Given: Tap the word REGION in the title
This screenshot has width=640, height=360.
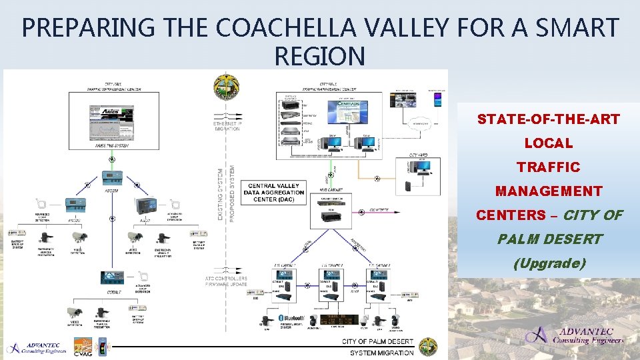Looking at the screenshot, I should pos(319,57).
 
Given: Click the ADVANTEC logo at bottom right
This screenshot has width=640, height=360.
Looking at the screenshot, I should pos(574,335).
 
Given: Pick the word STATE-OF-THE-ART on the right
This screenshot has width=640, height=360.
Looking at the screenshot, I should pos(548,120).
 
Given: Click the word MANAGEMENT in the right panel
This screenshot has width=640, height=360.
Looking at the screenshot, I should pos(548,191).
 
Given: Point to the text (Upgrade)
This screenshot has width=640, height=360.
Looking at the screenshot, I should pos(549,263).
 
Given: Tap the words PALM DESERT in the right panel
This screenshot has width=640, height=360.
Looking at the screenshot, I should pos(549,239).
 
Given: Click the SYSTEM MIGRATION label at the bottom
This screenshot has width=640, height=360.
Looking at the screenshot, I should pos(381,353).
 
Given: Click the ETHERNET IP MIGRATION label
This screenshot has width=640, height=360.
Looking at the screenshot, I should pos(227,126).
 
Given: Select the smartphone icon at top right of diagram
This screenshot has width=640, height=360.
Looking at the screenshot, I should pos(437,100).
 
